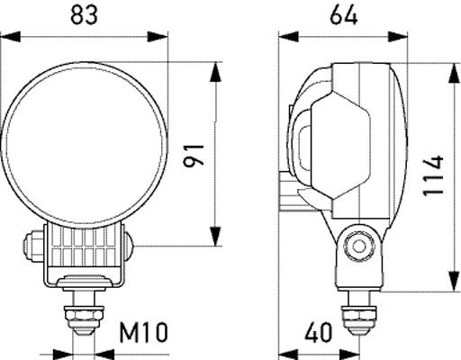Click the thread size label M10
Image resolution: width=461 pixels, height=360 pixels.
(143, 333)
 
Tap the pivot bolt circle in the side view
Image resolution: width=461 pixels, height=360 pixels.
(361, 245)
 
